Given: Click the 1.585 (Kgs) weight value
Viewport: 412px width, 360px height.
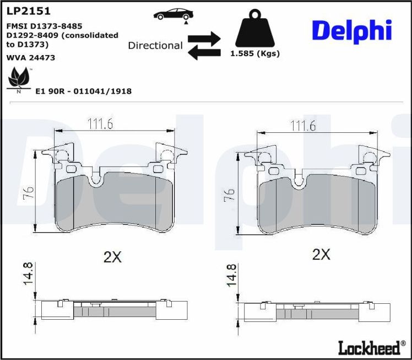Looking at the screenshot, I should (x=254, y=54).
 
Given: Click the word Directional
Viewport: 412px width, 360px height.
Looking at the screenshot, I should (x=155, y=45).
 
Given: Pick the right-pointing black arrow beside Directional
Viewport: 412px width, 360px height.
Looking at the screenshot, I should (x=204, y=39).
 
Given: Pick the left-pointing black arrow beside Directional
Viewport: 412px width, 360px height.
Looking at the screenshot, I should (x=204, y=52).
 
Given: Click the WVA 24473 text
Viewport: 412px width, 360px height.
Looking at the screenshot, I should (x=30, y=57).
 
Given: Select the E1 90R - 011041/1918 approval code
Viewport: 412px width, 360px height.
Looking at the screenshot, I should (x=83, y=92).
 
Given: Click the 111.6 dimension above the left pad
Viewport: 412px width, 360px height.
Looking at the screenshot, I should (x=100, y=124).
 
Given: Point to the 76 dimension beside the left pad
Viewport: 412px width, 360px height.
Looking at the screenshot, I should (x=28, y=192).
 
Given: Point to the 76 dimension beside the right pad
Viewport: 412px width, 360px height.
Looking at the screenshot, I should (x=229, y=194).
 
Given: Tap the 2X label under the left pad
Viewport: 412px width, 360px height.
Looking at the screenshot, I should (x=112, y=256).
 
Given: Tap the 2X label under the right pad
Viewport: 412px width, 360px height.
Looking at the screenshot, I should (x=321, y=254).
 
